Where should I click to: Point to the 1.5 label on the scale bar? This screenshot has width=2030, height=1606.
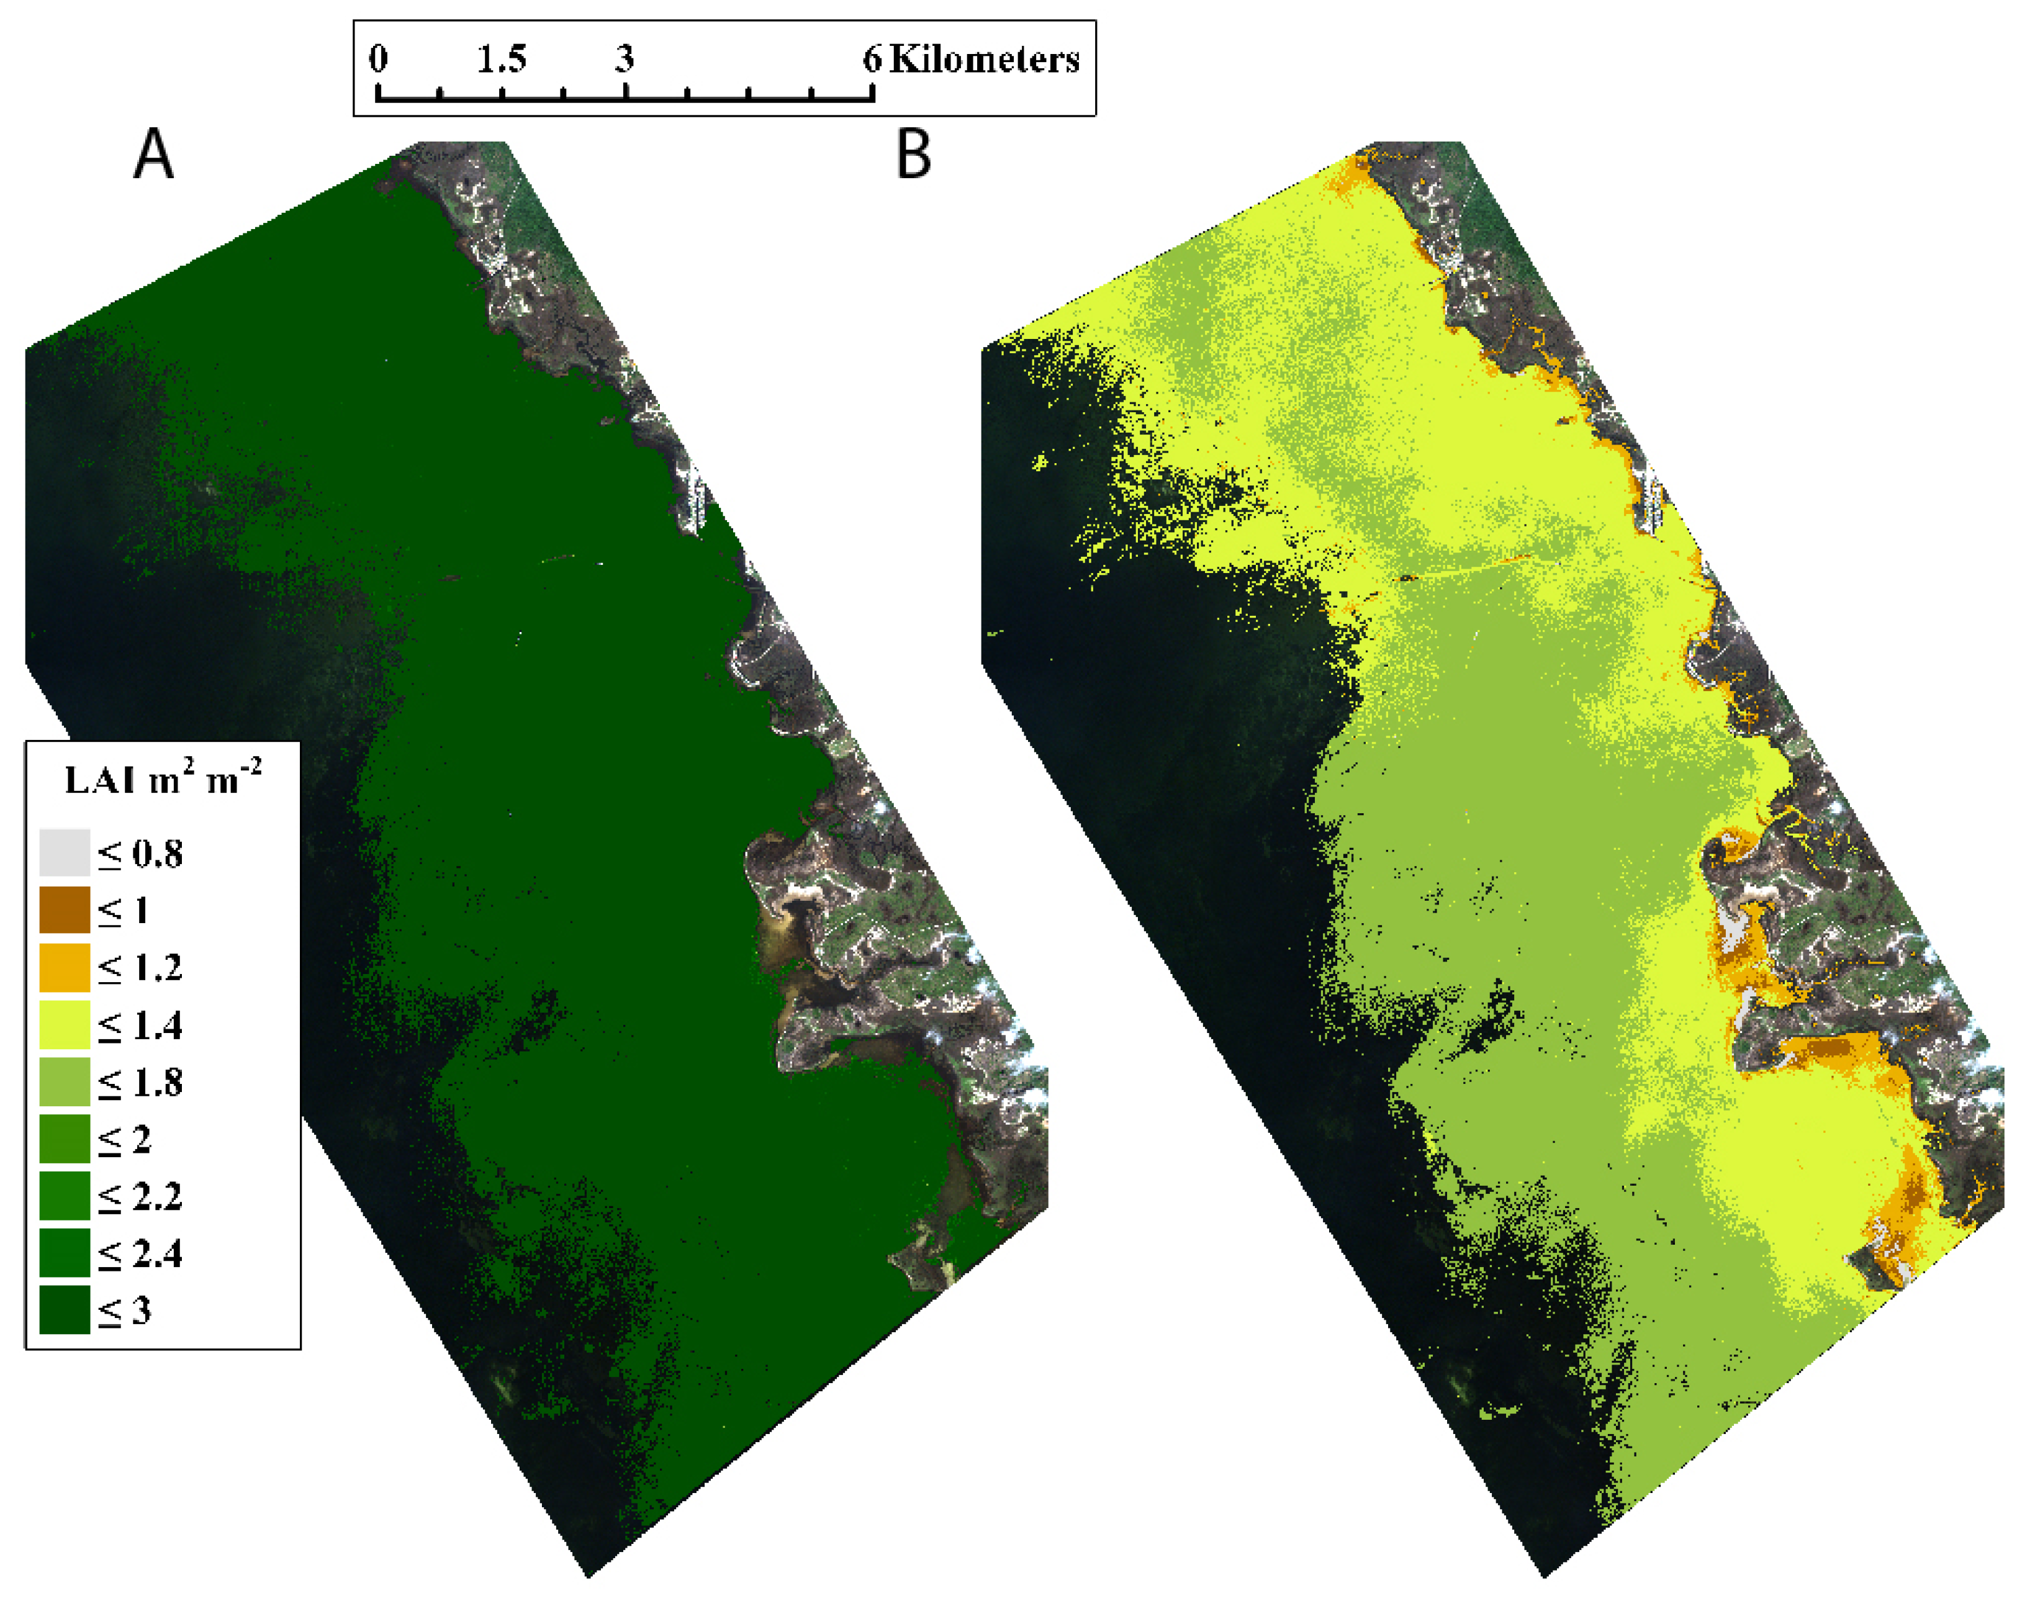coord(501,59)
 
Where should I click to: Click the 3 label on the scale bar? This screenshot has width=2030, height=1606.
coord(625,59)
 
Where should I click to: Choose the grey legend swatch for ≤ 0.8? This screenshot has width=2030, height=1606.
coord(65,852)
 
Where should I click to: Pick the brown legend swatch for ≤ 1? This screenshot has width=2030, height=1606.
coord(65,909)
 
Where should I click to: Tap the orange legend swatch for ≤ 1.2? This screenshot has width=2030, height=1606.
coord(65,967)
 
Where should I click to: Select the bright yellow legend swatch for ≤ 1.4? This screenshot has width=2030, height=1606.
coord(65,1024)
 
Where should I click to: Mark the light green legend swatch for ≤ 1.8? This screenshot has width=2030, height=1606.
coord(65,1081)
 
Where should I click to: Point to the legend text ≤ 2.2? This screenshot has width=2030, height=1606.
coord(140,1197)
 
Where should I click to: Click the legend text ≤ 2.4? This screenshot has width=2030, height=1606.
coord(140,1253)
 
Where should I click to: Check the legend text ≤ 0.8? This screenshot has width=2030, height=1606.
coord(140,854)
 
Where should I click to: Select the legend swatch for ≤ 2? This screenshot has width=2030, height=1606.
coord(65,1139)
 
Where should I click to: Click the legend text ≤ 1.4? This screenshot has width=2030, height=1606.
coord(140,1025)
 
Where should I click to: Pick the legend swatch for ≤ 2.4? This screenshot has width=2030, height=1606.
coord(65,1252)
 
